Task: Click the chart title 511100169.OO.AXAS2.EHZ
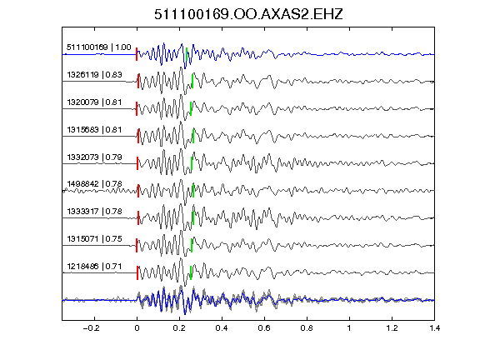(248, 14)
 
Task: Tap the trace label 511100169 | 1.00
(99, 47)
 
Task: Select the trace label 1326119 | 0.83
(94, 75)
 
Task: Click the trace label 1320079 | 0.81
(94, 102)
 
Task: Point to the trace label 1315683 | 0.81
(94, 129)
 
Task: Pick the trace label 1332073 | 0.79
(94, 157)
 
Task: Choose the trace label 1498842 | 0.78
(94, 183)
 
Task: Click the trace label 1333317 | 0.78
(94, 211)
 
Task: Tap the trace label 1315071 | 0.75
(94, 239)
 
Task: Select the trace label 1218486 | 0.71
(94, 267)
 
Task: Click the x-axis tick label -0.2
(91, 328)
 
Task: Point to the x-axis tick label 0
(137, 328)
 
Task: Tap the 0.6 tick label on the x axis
(264, 328)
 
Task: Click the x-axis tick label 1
(349, 328)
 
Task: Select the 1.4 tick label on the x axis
(434, 328)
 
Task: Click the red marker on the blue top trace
(137, 54)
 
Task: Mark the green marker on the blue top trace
(187, 54)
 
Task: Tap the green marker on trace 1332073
(192, 163)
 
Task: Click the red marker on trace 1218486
(137, 272)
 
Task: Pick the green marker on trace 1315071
(192, 245)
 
